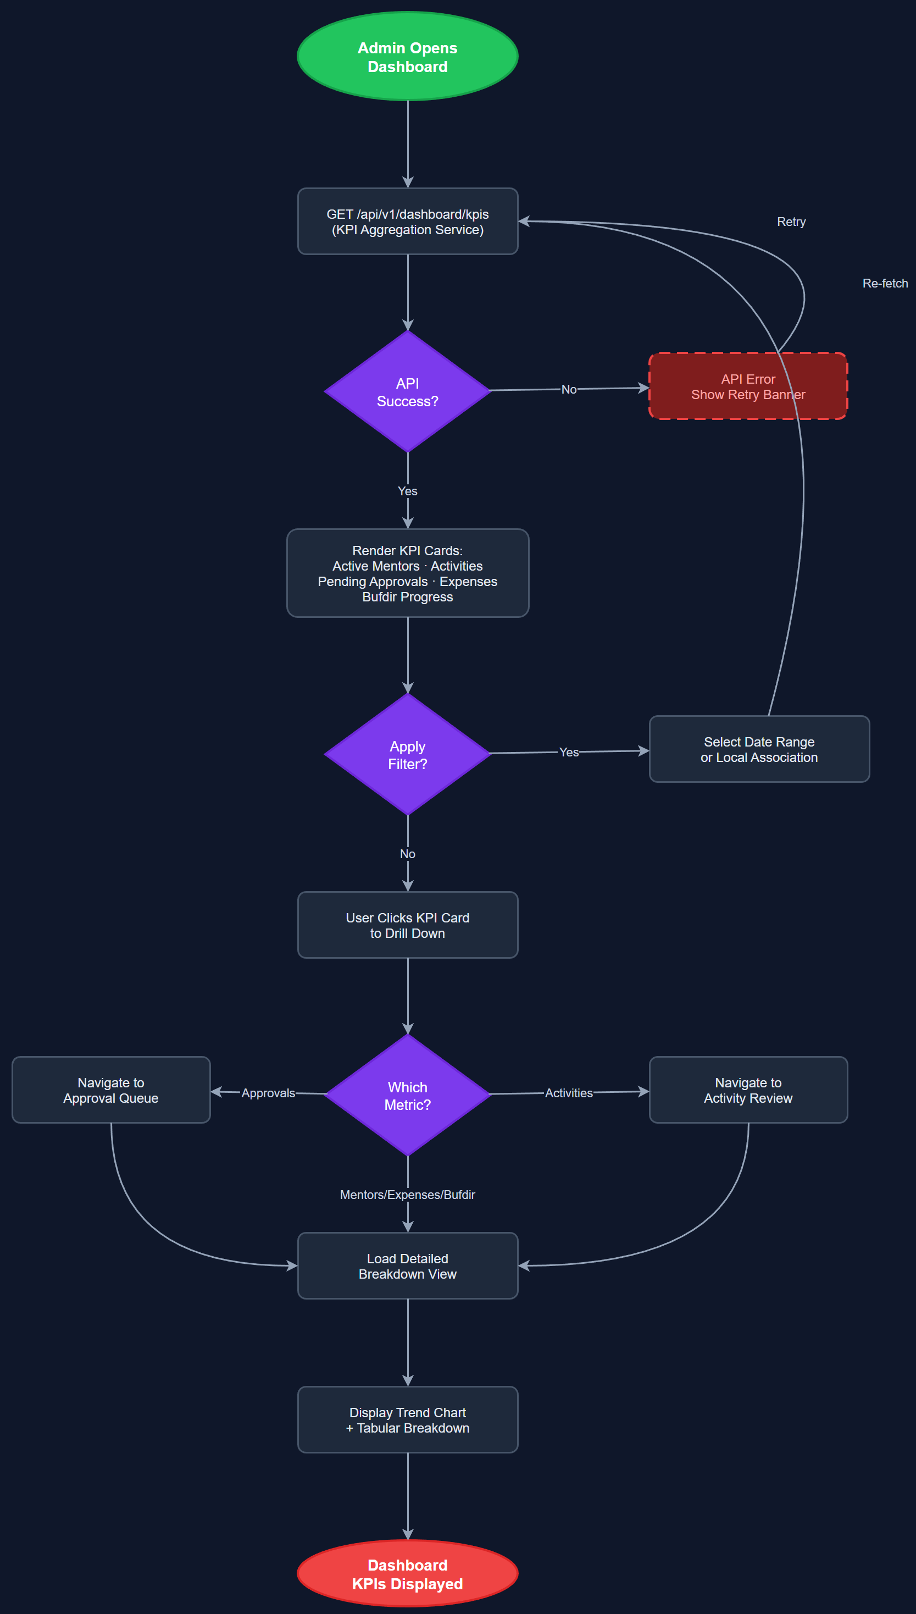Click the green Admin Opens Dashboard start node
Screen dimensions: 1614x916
(x=407, y=57)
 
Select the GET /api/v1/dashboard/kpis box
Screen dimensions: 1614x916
(x=407, y=222)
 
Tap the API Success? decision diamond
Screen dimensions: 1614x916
(x=407, y=391)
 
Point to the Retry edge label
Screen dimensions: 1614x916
(x=791, y=222)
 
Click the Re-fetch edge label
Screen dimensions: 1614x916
(x=885, y=283)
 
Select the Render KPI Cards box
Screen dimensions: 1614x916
(x=407, y=573)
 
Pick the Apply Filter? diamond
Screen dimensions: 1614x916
(x=407, y=754)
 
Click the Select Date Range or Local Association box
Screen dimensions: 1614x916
(x=759, y=749)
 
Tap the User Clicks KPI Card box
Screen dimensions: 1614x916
(x=407, y=925)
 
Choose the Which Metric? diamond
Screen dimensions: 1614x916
(x=407, y=1096)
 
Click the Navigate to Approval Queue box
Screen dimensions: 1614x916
(x=111, y=1090)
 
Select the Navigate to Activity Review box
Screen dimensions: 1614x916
(x=748, y=1090)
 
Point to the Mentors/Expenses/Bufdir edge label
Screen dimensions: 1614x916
(x=407, y=1195)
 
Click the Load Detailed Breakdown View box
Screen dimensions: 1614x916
(x=407, y=1266)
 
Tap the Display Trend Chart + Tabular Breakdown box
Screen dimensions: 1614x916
(x=407, y=1419)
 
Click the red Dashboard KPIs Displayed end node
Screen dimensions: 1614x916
(x=407, y=1574)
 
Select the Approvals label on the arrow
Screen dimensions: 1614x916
(x=268, y=1093)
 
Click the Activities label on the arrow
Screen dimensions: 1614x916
(x=568, y=1093)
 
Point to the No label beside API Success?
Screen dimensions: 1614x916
(x=568, y=390)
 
